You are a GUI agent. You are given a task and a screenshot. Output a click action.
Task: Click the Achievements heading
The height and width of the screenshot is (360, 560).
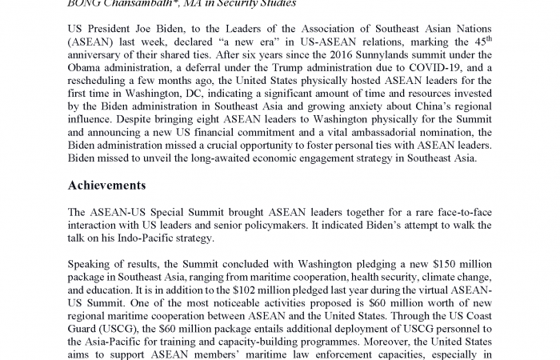click(106, 186)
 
